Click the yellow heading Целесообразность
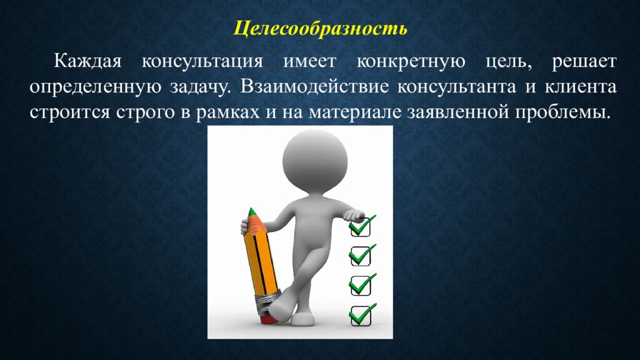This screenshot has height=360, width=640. point(321,29)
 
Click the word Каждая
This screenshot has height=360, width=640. point(87,62)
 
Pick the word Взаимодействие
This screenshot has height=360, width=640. point(314,87)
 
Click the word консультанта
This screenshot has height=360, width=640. point(457,87)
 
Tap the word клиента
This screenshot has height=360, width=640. point(581,87)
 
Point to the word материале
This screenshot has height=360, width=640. point(355,112)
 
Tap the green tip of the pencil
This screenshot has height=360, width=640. point(252,212)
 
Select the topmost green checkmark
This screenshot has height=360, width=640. point(362,224)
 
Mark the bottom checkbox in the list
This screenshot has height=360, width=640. point(361,316)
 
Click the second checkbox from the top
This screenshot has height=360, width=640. point(361,256)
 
